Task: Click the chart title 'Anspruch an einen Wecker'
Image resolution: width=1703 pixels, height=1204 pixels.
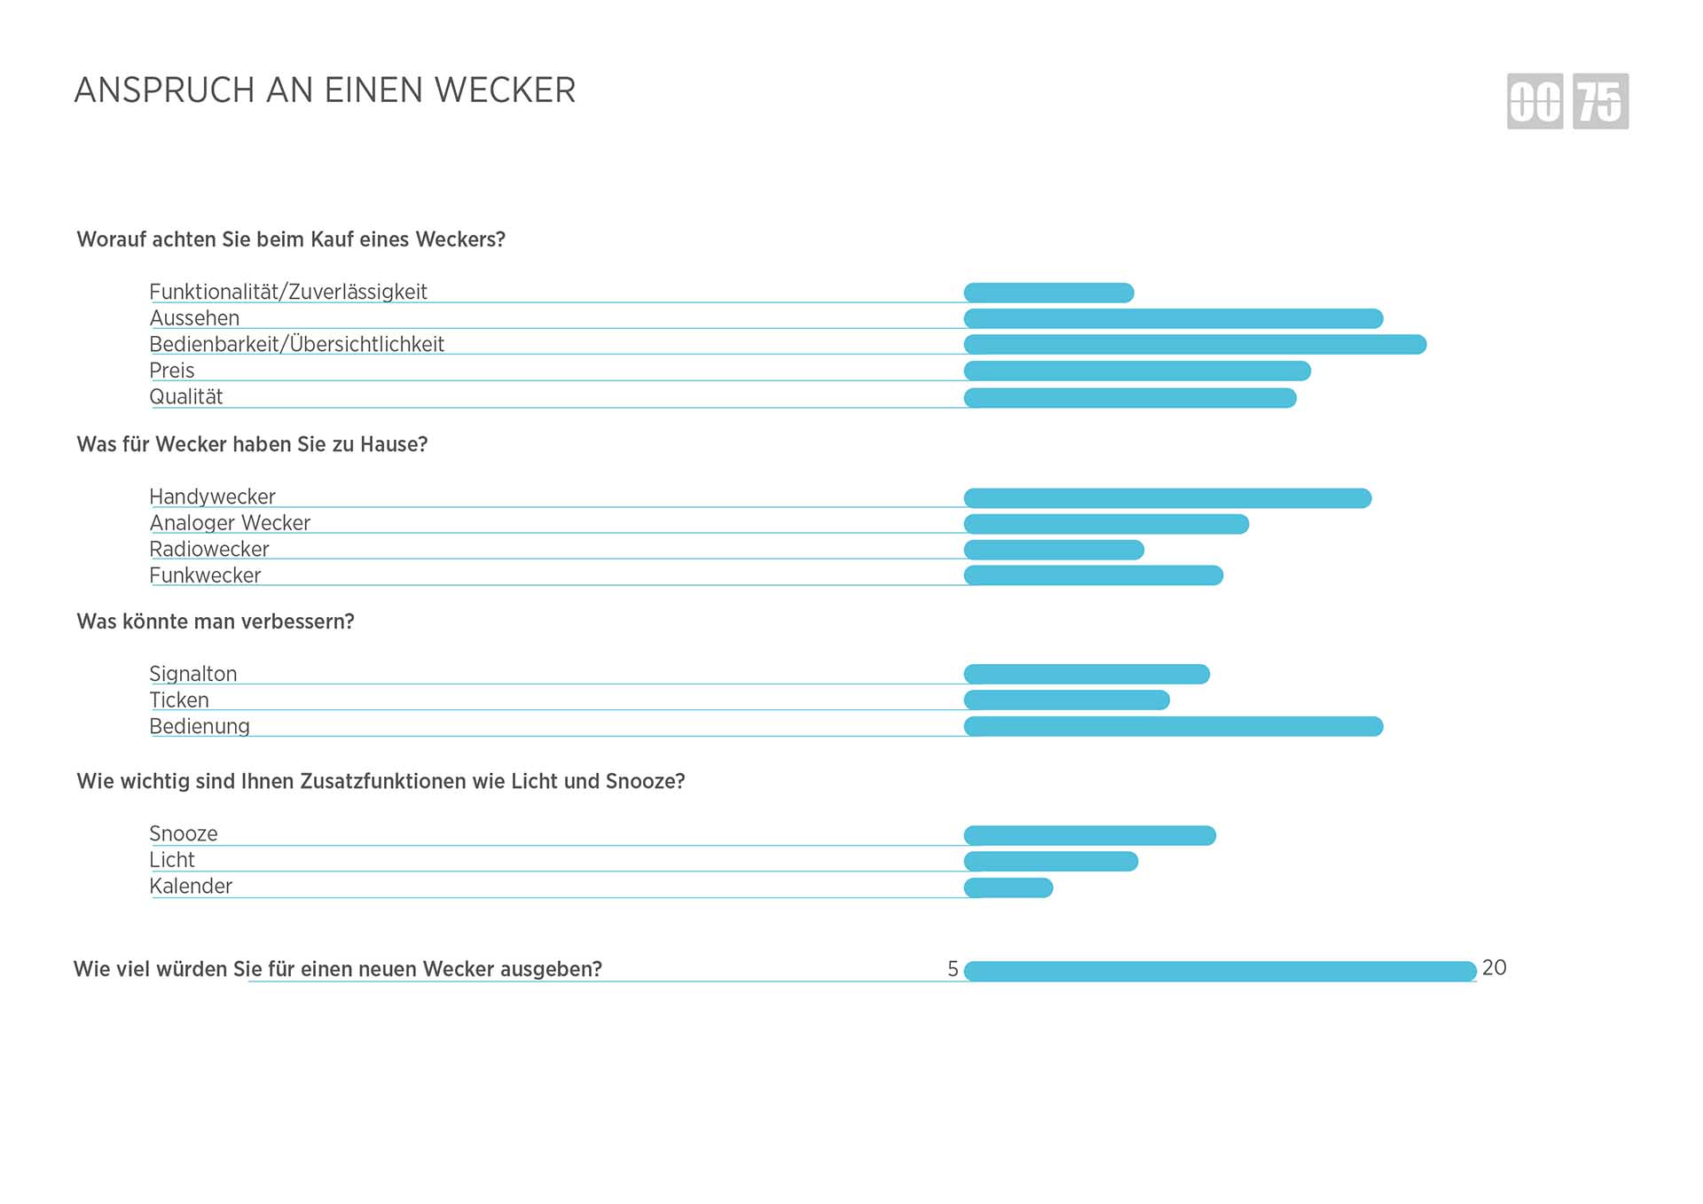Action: pyautogui.click(x=325, y=90)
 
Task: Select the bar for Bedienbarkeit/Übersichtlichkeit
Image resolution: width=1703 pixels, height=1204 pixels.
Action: pyautogui.click(x=1195, y=344)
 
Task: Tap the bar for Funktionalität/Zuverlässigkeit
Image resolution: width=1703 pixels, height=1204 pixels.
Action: pyautogui.click(x=1048, y=293)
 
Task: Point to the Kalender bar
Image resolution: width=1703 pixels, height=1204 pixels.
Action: pyautogui.click(x=1008, y=887)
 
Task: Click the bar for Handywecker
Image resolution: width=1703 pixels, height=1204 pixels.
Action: pyautogui.click(x=1167, y=498)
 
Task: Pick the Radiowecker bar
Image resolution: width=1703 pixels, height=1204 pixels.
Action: pyautogui.click(x=1054, y=550)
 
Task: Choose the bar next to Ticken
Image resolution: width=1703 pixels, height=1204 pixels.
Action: pyautogui.click(x=1066, y=700)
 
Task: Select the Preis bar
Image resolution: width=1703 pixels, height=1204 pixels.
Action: pyautogui.click(x=1137, y=371)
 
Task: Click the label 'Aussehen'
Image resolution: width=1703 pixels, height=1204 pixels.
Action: pyautogui.click(x=194, y=318)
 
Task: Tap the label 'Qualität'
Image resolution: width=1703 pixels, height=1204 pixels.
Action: pyautogui.click(x=186, y=396)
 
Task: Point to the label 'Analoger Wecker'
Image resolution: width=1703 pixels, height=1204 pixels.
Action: pyautogui.click(x=230, y=523)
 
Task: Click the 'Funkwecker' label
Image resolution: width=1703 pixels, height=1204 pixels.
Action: pyautogui.click(x=205, y=575)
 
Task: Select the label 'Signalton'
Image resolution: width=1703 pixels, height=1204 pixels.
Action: pyautogui.click(x=193, y=674)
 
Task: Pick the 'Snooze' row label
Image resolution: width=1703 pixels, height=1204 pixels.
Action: pyautogui.click(x=184, y=833)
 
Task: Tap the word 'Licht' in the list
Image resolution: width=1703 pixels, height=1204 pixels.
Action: pyautogui.click(x=172, y=860)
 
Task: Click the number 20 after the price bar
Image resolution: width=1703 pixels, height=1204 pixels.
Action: pyautogui.click(x=1494, y=967)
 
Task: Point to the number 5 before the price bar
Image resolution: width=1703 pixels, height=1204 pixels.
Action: pyautogui.click(x=953, y=969)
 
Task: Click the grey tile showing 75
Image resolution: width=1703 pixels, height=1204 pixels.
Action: pyautogui.click(x=1600, y=101)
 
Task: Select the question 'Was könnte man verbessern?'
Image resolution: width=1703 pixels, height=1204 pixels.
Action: pyautogui.click(x=216, y=622)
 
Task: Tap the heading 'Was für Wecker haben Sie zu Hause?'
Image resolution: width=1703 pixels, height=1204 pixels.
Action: pyautogui.click(x=252, y=444)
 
